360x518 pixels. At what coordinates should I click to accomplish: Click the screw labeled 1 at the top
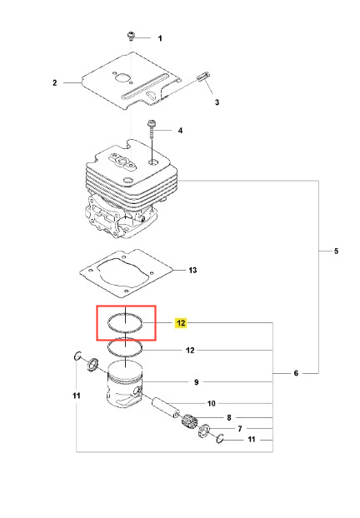click(131, 36)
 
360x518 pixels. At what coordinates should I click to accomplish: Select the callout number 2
click(55, 82)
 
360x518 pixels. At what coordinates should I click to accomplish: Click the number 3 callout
click(217, 102)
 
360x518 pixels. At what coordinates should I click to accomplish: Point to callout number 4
click(180, 131)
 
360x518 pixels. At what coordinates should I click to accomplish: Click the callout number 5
click(336, 251)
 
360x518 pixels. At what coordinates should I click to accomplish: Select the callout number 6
click(296, 373)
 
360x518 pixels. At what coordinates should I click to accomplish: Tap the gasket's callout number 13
click(192, 270)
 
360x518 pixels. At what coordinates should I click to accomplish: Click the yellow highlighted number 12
click(181, 323)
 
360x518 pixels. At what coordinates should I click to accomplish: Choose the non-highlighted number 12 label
click(190, 350)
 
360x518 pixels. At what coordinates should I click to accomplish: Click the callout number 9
click(197, 382)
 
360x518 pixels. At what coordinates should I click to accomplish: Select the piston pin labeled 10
click(166, 408)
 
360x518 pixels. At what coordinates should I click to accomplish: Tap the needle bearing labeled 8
click(189, 421)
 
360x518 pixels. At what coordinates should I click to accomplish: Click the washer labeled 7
click(204, 431)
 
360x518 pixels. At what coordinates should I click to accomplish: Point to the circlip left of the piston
click(77, 356)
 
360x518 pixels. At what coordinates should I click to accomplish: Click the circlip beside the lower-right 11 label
click(220, 438)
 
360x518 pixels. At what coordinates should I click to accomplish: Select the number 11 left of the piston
click(77, 396)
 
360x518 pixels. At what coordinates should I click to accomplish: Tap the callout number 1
click(160, 38)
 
